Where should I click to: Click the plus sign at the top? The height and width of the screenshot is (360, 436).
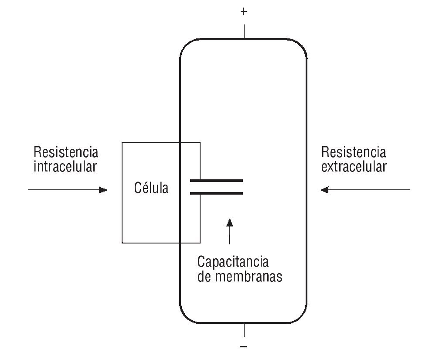[x=244, y=12]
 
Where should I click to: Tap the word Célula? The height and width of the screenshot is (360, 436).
[x=150, y=189]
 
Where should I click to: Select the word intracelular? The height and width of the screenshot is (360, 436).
[x=65, y=167]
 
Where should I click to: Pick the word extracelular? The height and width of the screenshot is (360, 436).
[x=354, y=167]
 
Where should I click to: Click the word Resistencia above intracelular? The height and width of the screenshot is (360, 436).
[x=66, y=152]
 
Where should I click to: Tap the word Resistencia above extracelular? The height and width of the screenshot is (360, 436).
[x=354, y=152]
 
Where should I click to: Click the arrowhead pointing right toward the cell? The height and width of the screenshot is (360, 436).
[x=103, y=190]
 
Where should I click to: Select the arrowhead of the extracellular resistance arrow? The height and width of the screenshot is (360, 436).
[x=324, y=190]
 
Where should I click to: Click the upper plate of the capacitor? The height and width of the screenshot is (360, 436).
[x=216, y=180]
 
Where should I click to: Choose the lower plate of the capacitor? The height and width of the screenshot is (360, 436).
[x=216, y=193]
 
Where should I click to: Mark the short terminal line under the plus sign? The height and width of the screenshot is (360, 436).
[x=244, y=31]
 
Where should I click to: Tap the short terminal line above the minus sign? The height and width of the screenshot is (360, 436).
[x=244, y=330]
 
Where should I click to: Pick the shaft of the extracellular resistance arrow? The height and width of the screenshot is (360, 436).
[x=371, y=190]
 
